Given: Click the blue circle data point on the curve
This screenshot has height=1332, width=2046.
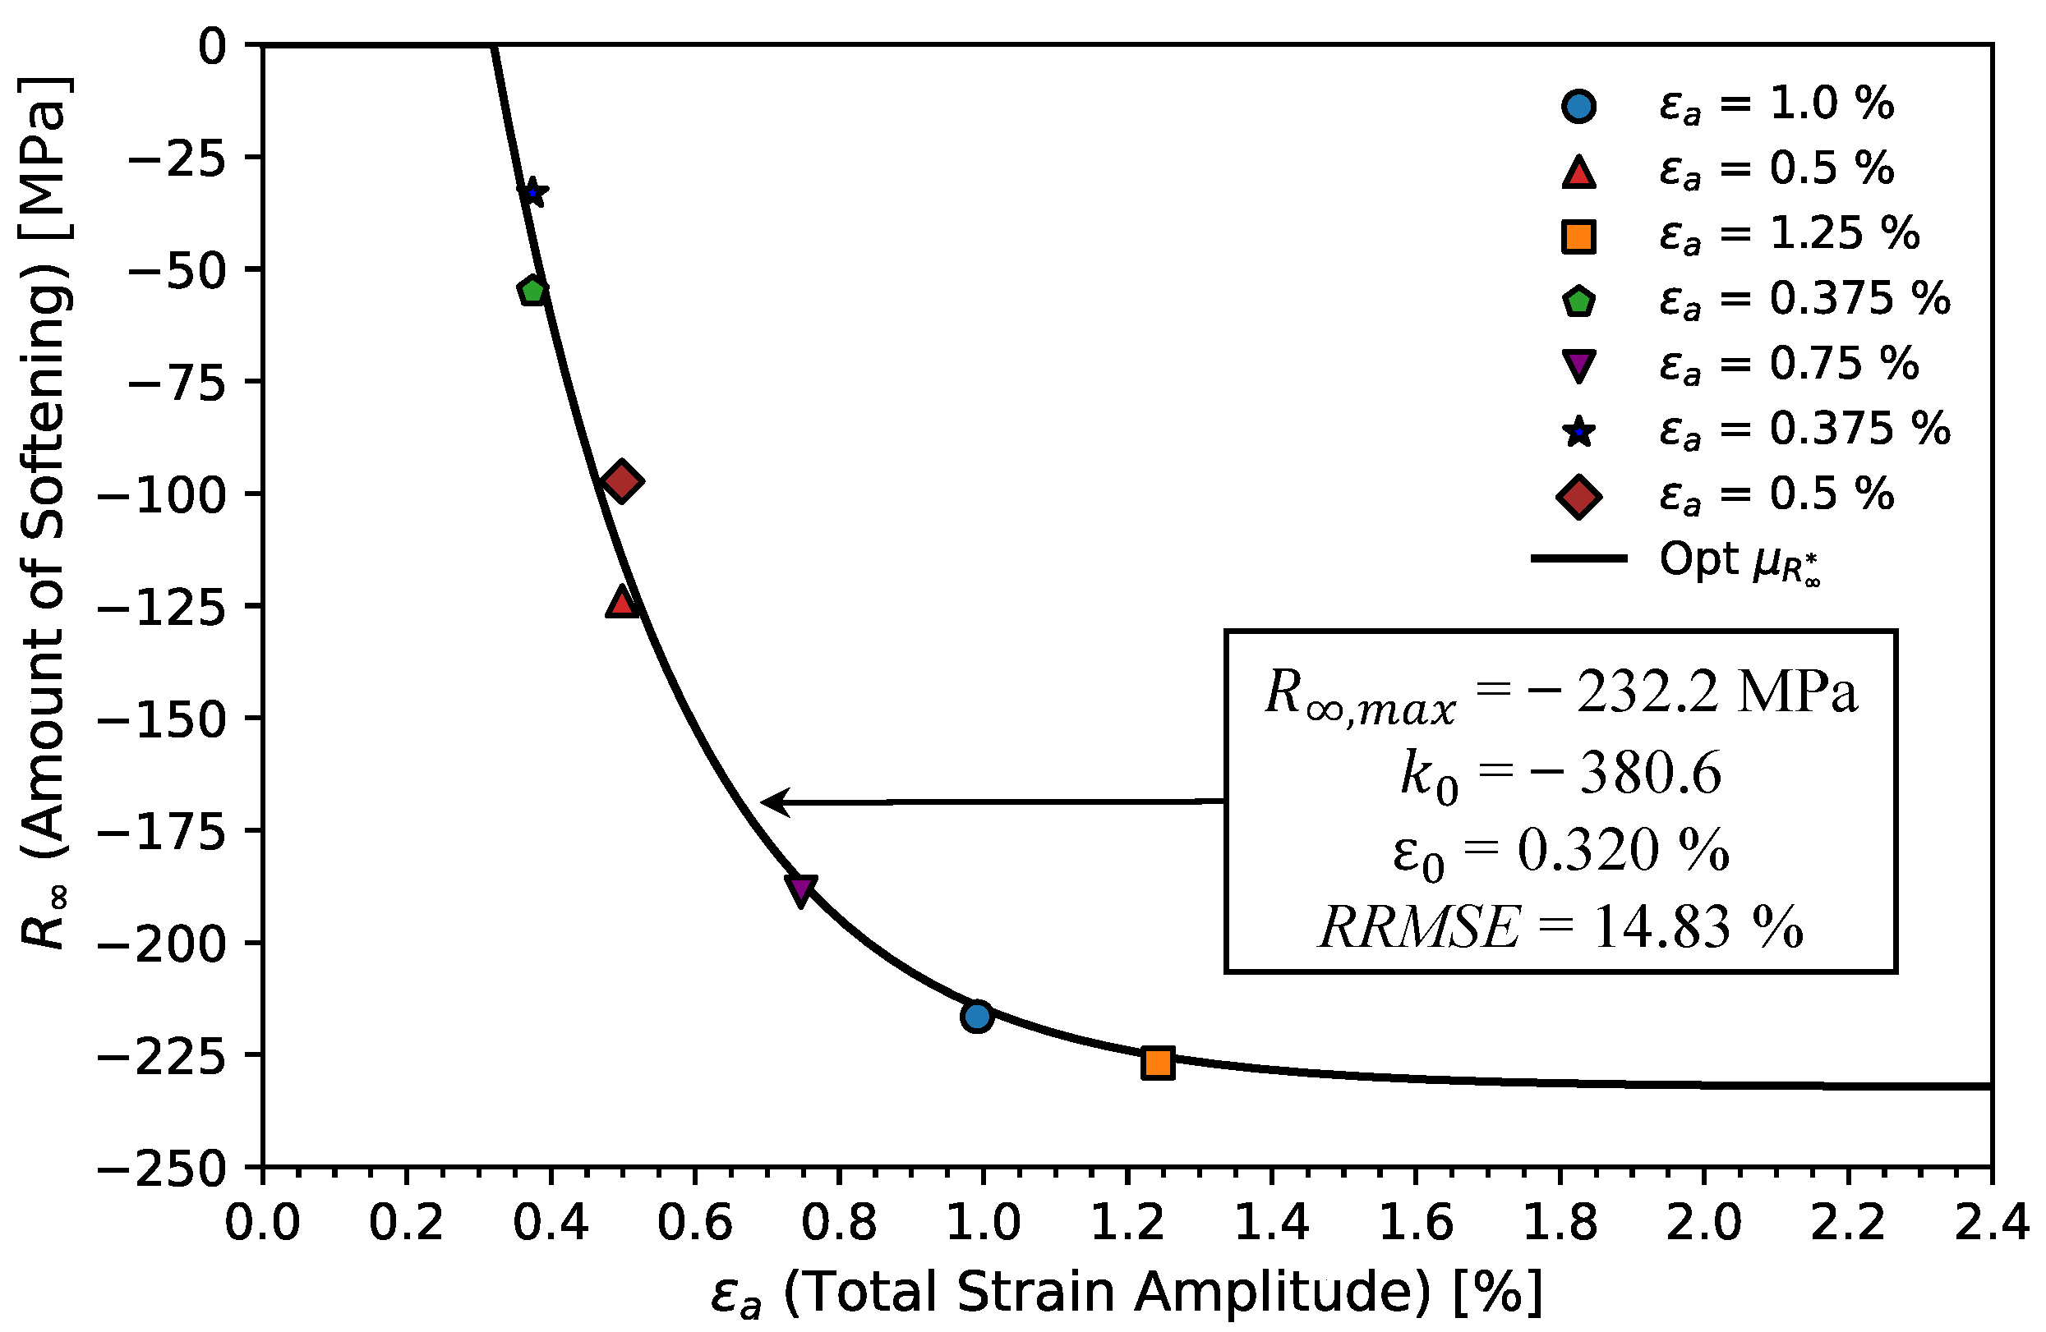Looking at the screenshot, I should click(x=977, y=1017).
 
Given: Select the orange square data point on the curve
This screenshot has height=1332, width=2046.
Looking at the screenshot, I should click(x=1158, y=1063).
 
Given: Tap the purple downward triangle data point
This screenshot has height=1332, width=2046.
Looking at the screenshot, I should click(x=800, y=889).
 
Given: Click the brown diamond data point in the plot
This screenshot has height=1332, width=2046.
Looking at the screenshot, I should click(x=621, y=481).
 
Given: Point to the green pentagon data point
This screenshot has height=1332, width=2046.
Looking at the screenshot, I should click(x=533, y=292).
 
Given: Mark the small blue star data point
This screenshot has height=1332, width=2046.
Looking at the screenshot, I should click(x=533, y=192).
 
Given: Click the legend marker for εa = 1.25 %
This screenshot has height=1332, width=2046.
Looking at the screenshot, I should click(x=1578, y=237).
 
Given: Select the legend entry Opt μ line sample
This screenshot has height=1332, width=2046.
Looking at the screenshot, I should click(x=1578, y=558).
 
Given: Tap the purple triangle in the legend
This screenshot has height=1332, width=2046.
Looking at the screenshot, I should click(x=1578, y=365).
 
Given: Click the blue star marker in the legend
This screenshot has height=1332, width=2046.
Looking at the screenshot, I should click(x=1578, y=430).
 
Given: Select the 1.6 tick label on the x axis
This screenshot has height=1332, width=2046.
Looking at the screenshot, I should click(x=1416, y=1222).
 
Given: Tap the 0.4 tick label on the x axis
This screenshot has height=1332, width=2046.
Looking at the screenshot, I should click(x=551, y=1222).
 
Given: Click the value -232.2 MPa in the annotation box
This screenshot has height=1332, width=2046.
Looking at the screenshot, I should click(x=1715, y=691).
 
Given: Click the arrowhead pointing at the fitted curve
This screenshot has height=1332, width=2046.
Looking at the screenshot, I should click(x=769, y=802).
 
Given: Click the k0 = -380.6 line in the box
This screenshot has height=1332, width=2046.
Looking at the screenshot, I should click(x=1560, y=774).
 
